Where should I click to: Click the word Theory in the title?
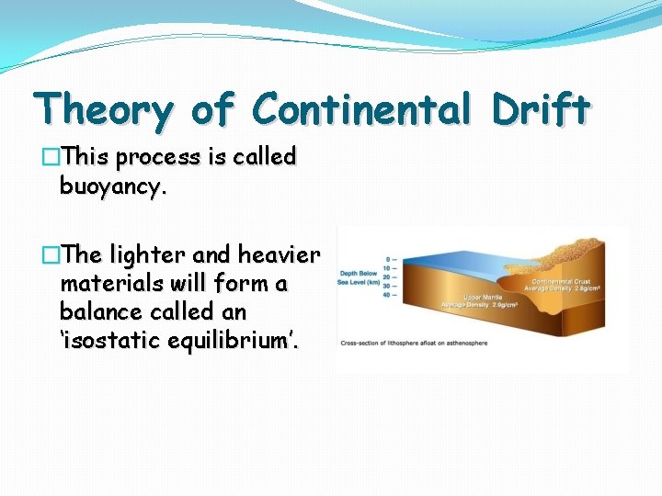point(103,111)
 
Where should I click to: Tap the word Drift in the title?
point(540,109)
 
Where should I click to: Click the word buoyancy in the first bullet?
point(112,187)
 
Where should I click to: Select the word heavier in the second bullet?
point(279,255)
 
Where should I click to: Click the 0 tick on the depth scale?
point(392,259)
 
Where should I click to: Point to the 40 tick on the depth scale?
point(391,295)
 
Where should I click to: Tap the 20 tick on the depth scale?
point(391,276)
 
